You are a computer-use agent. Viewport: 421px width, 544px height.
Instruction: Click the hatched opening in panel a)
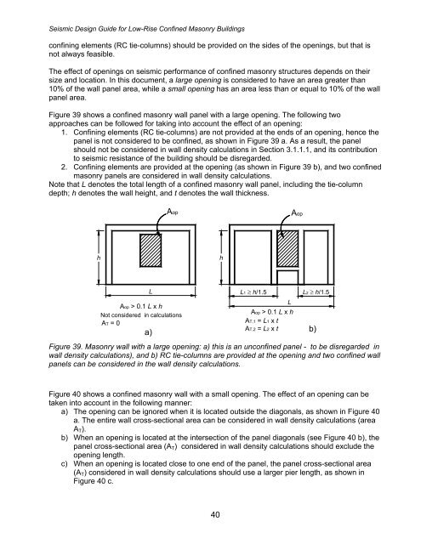click(151, 254)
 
